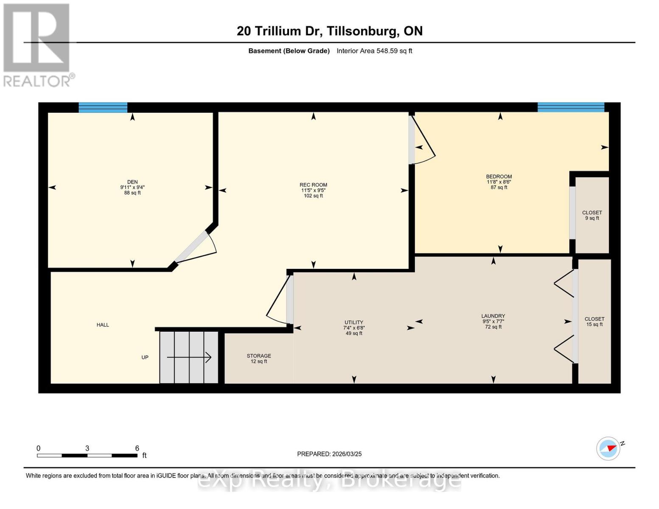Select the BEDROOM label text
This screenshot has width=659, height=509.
click(x=499, y=177)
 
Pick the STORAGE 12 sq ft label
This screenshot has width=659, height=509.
click(x=259, y=358)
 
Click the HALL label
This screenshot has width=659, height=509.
click(x=103, y=325)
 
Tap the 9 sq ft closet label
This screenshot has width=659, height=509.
click(x=592, y=215)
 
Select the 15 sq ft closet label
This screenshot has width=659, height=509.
click(x=594, y=322)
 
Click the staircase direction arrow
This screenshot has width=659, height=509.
click(x=189, y=358)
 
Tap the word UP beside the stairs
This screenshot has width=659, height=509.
click(x=145, y=358)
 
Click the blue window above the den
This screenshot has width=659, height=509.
click(x=103, y=107)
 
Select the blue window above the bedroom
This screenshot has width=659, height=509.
click(x=571, y=107)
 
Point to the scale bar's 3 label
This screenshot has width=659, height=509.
click(x=87, y=448)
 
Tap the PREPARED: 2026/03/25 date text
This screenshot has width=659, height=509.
click(x=329, y=454)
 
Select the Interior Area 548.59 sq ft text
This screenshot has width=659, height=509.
click(x=374, y=51)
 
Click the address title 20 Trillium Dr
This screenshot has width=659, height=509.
click(x=329, y=31)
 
